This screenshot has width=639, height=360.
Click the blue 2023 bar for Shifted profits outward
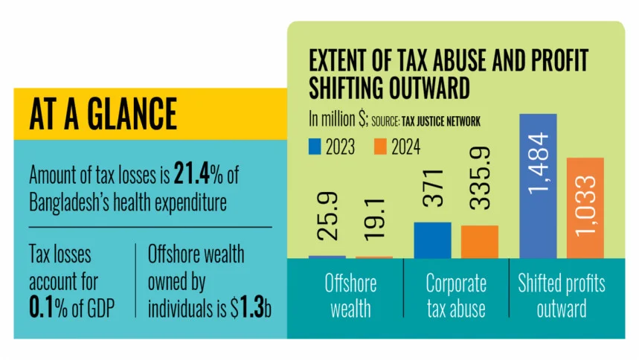tap(538, 186)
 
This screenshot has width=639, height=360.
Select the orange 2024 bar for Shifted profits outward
tap(585, 208)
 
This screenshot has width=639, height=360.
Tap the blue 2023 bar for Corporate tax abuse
tap(432, 240)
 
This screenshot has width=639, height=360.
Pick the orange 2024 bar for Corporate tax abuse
tap(479, 241)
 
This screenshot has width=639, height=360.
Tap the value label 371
tap(432, 190)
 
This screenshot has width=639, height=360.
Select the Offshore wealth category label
tap(350, 295)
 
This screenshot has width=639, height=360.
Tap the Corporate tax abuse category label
tap(456, 295)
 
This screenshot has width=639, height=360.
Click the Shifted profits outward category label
tap(561, 295)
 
